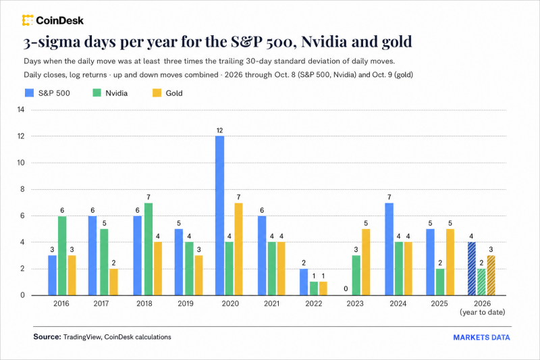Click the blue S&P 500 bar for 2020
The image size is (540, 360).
[220, 215]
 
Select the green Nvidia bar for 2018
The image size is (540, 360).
[148, 249]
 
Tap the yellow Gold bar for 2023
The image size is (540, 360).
[366, 262]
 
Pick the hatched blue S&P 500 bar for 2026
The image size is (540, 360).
[472, 269]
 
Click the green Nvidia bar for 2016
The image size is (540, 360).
[62, 255]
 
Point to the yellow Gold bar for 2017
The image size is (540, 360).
[113, 282]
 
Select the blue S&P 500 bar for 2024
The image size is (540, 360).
[389, 249]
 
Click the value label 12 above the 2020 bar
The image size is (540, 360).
[220, 130]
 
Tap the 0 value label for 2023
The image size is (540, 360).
[346, 288]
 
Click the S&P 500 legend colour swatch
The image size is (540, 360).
[29, 93]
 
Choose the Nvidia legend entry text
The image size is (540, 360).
[116, 93]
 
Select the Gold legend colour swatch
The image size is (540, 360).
[157, 93]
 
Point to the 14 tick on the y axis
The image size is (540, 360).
[21, 110]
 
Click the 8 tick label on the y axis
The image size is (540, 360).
[22, 189]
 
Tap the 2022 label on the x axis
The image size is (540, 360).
[314, 303]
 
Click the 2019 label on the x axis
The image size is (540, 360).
[186, 303]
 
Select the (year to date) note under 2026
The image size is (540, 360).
[482, 313]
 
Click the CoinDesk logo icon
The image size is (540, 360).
[28, 20]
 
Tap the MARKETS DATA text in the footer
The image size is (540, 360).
[481, 338]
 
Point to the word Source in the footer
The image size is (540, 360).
[47, 336]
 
